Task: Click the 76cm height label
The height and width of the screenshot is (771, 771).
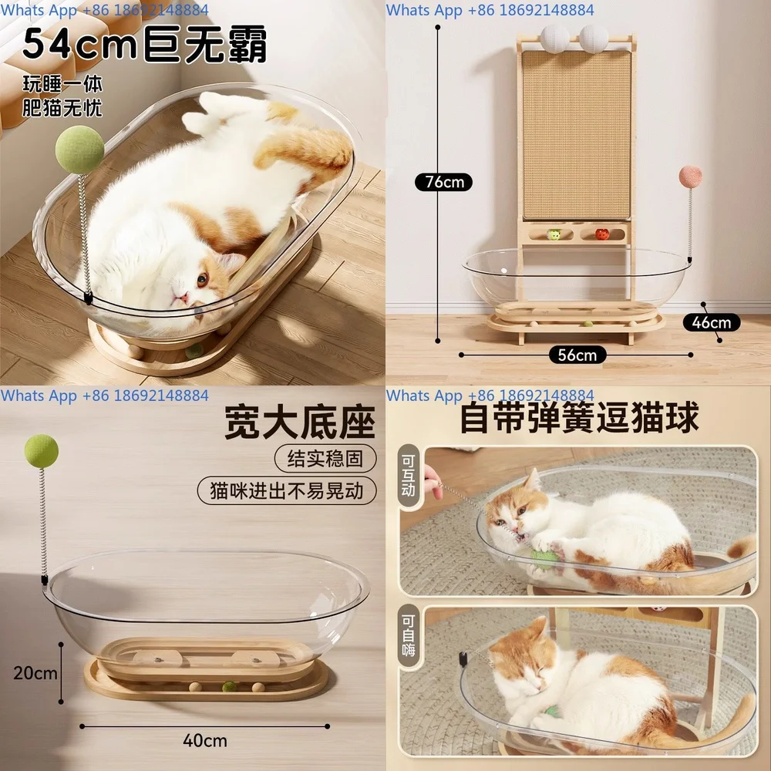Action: [443, 182]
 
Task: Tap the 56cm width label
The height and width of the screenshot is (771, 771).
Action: [577, 355]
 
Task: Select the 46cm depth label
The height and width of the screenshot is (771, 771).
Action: [711, 322]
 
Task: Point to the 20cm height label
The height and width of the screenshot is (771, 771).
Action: [35, 672]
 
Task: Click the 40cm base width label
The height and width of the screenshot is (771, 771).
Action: [205, 741]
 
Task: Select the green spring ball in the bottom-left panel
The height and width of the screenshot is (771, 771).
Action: [42, 450]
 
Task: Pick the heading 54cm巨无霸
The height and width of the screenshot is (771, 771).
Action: [144, 45]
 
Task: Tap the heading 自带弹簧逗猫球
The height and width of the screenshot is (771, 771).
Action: [579, 418]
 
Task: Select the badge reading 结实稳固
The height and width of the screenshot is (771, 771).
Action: [325, 459]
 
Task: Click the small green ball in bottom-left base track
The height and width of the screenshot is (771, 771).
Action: [228, 685]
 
